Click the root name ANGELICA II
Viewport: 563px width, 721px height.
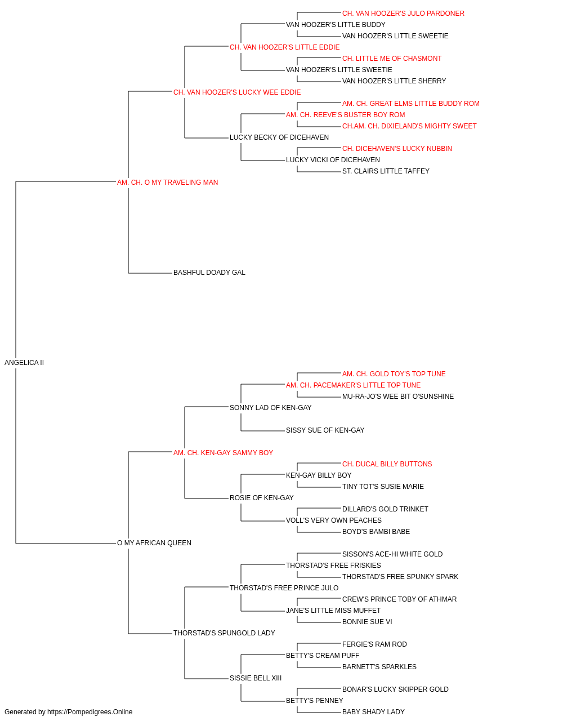click(24, 363)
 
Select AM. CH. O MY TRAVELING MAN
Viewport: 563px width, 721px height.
click(167, 183)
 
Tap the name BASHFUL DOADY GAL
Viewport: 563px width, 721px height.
click(209, 273)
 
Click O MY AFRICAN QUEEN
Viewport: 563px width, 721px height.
click(154, 543)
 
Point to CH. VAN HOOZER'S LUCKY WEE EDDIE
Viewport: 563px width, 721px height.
click(237, 92)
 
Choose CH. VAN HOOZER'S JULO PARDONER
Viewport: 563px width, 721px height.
click(403, 14)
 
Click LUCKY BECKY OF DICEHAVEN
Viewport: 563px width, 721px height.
click(279, 137)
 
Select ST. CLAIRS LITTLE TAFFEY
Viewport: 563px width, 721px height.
click(386, 171)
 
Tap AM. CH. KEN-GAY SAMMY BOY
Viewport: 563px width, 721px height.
click(223, 452)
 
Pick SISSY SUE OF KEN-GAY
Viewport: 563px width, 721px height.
click(325, 430)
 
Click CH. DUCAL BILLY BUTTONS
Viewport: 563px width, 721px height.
click(387, 464)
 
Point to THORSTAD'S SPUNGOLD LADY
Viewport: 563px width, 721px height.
click(224, 633)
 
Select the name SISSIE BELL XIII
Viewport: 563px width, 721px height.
click(256, 678)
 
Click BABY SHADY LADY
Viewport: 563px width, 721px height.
click(373, 712)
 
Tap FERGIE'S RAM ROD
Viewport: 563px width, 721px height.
click(374, 644)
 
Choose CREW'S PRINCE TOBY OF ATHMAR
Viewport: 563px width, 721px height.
click(399, 599)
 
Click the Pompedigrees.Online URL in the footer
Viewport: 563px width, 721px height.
click(90, 712)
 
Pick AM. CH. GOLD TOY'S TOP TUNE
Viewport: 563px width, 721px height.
click(394, 374)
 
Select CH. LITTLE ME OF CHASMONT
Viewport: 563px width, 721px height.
click(392, 59)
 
